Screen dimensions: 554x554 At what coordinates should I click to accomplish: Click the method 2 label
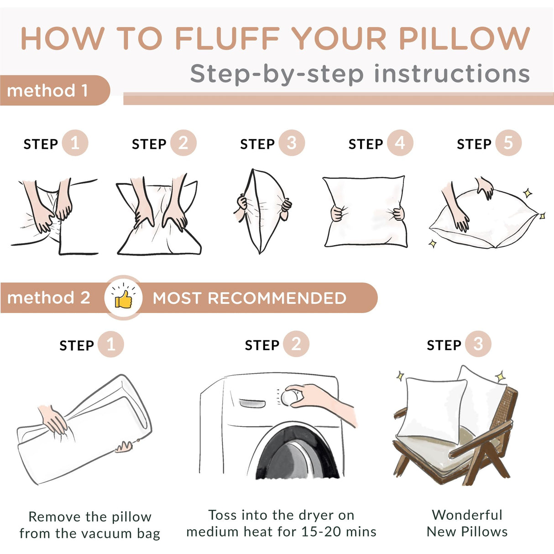[49, 298]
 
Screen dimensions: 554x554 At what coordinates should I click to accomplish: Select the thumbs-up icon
[123, 298]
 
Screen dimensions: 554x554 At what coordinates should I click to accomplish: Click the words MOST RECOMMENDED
[249, 298]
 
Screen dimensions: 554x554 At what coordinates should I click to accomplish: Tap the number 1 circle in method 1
[75, 143]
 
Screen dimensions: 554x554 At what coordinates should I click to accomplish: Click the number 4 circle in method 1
[400, 143]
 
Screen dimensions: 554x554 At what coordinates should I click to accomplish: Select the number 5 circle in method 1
[508, 143]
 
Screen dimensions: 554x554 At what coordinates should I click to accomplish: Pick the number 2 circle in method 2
[296, 344]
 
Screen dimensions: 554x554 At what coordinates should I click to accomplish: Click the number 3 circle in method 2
[478, 344]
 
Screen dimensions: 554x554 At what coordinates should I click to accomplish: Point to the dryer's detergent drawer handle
[252, 403]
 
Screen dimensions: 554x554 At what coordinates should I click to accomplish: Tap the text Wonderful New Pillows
[467, 523]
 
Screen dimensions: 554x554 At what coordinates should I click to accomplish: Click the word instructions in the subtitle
[452, 74]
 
